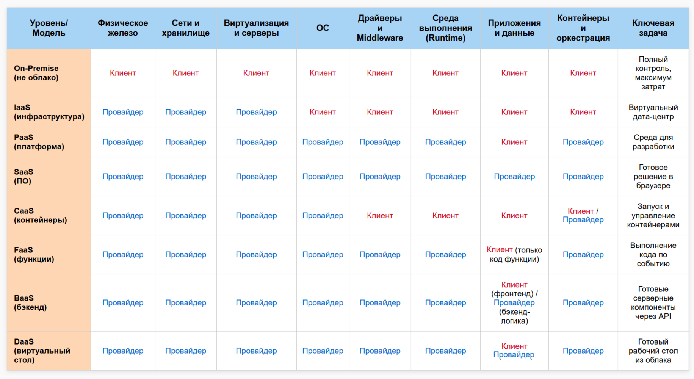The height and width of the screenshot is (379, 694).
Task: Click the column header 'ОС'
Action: coord(323,28)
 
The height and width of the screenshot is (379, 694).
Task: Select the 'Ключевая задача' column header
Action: coord(653,28)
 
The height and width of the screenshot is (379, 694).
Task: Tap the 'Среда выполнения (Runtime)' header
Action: coord(445,28)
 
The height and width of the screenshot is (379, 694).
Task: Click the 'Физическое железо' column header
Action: coord(123,28)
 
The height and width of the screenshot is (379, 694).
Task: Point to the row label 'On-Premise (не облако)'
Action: coord(36,73)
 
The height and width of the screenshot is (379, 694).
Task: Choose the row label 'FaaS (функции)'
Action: coord(34,255)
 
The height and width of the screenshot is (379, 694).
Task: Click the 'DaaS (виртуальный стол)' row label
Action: coord(42,351)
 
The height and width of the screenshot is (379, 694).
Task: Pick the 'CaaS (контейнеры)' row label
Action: coord(40,216)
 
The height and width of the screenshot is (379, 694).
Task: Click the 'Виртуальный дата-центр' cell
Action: coord(653,112)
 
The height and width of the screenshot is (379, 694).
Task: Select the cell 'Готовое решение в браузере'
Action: coord(653,177)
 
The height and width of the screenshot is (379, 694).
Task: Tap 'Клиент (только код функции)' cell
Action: coord(514,255)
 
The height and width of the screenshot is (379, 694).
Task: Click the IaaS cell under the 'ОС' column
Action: coord(323,112)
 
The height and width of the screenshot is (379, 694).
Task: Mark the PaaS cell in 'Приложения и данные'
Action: coord(514,142)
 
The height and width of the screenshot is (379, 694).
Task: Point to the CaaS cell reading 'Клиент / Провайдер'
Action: coord(583,216)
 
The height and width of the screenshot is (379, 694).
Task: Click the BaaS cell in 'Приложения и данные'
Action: coord(514,303)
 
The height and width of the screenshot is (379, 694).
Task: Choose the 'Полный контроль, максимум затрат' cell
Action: coord(653,73)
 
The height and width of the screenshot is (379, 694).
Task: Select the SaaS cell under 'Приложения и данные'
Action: coord(514,177)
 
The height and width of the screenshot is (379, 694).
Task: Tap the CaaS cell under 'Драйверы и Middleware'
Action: coord(380,216)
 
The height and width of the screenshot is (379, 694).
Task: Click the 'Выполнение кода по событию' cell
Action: coord(653,255)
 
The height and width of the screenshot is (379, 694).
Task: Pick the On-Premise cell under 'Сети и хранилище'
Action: coord(186,73)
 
